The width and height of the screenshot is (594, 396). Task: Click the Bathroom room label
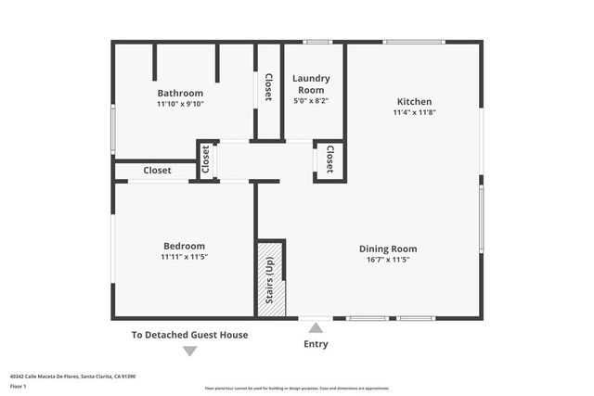(x=180, y=93)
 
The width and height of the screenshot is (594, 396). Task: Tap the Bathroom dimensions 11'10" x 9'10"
(x=180, y=104)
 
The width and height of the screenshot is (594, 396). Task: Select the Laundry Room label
(x=311, y=84)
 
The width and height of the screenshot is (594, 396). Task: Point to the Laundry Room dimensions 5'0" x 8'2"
(x=311, y=100)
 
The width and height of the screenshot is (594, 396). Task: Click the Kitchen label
(x=414, y=101)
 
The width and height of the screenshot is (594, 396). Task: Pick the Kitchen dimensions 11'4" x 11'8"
(x=414, y=112)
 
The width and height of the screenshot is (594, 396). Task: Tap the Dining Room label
(x=388, y=248)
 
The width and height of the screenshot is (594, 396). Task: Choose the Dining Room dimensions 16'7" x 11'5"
(x=388, y=259)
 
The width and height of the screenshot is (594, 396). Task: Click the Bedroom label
(x=184, y=246)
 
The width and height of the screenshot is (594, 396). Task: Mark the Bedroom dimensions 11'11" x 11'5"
(x=184, y=257)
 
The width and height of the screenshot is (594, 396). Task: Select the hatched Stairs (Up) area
(x=270, y=279)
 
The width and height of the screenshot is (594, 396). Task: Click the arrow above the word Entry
(x=316, y=327)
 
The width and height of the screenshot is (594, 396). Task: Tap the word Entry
(x=316, y=344)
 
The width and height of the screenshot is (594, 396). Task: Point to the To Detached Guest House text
(x=189, y=335)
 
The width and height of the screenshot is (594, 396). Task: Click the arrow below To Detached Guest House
(x=189, y=351)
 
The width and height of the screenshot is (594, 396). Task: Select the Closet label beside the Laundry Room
(x=268, y=86)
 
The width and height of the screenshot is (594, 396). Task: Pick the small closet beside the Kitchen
(x=329, y=160)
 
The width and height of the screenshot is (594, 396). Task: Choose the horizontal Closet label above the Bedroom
(x=157, y=171)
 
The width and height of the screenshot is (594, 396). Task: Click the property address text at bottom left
(x=72, y=377)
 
